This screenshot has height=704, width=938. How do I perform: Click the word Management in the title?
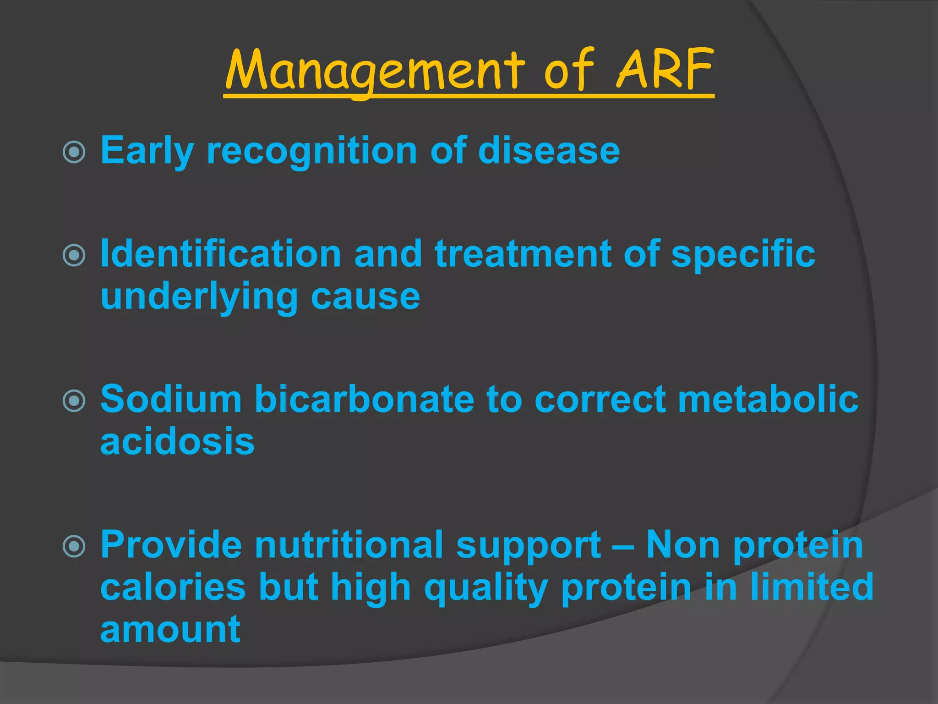click(374, 70)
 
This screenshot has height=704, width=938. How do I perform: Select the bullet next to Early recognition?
click(74, 152)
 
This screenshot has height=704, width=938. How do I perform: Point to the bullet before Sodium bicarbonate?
click(74, 401)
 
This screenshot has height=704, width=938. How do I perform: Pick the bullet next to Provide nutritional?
click(74, 546)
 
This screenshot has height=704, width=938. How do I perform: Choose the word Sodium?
click(171, 399)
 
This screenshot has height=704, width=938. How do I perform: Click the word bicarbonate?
click(364, 399)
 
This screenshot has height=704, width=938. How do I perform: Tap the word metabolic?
click(768, 399)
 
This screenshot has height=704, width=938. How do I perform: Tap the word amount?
click(170, 630)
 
